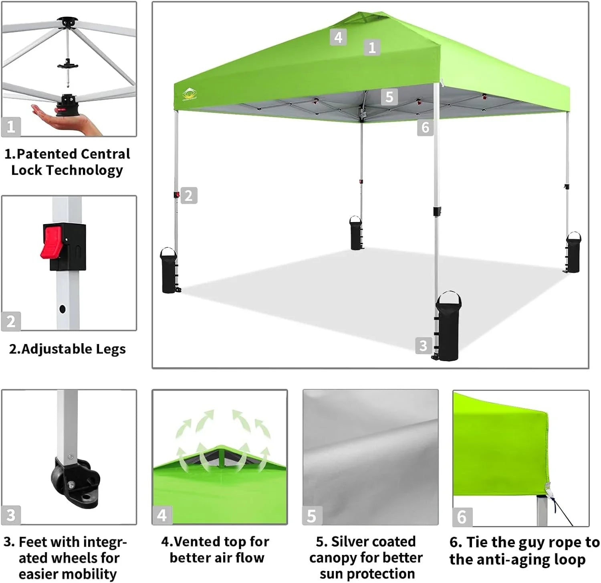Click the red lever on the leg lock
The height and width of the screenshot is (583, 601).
51,242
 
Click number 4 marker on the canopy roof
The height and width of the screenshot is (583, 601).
338,37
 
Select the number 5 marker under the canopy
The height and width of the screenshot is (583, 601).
389,97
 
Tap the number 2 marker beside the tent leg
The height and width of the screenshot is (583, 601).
189,196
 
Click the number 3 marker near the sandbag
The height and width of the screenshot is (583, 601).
424,346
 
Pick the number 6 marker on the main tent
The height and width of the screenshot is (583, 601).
425,128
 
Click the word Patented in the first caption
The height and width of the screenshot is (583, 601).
47,154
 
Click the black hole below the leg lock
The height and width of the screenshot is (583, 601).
62,309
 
